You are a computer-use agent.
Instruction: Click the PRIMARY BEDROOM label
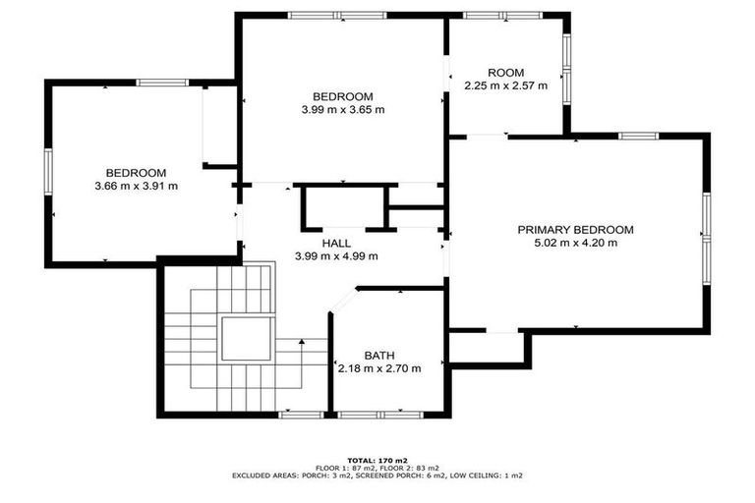pos(575,230)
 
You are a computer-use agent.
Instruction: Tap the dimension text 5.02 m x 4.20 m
pos(575,243)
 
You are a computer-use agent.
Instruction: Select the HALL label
pos(336,243)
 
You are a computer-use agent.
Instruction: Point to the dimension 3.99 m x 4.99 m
pos(336,255)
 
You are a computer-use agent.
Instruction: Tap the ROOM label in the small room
pos(505,73)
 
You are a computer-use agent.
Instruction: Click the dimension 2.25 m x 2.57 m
pos(505,85)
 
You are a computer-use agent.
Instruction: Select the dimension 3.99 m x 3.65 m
pos(342,109)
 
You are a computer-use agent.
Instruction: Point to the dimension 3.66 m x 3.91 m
pos(136,186)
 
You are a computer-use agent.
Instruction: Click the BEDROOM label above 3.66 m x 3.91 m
pos(136,173)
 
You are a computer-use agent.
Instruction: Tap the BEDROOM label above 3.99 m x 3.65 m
pos(342,96)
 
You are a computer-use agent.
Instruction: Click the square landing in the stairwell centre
pos(244,340)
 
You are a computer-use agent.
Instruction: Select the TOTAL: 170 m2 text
pos(377,460)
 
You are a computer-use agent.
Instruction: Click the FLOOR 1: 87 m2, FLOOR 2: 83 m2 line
pos(377,468)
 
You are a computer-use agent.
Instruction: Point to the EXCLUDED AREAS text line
pos(377,475)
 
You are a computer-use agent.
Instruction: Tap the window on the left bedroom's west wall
pos(47,171)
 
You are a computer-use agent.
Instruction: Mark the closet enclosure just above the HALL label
pos(340,207)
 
